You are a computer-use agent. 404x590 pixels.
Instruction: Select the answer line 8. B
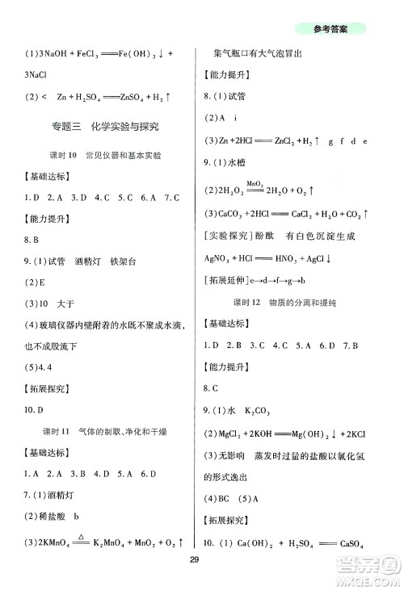[33, 240]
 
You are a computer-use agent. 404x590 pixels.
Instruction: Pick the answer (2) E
[33, 282]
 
